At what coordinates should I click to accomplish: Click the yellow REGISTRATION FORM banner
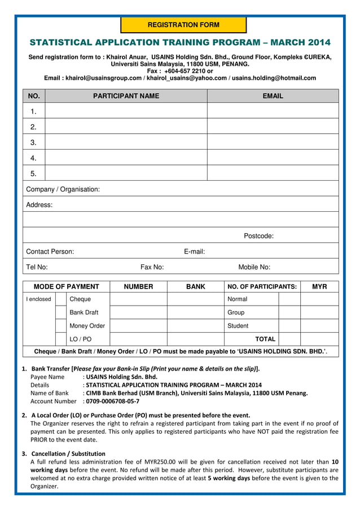pyautogui.click(x=183, y=25)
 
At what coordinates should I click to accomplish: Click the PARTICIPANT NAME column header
pyautogui.click(x=126, y=96)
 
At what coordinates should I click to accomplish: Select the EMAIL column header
pyautogui.click(x=273, y=96)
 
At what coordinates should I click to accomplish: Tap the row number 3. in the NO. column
pyautogui.click(x=34, y=142)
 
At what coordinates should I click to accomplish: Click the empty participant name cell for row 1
pyautogui.click(x=126, y=111)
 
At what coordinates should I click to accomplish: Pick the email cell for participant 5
pyautogui.click(x=273, y=173)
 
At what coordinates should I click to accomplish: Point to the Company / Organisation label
pyautogui.click(x=63, y=189)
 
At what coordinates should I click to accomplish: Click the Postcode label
pyautogui.click(x=258, y=236)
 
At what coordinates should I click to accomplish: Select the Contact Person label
pyautogui.click(x=50, y=251)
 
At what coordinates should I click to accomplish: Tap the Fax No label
pyautogui.click(x=152, y=267)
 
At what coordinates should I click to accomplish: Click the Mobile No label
pyautogui.click(x=254, y=267)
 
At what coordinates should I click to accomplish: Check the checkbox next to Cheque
pyautogui.click(x=61, y=299)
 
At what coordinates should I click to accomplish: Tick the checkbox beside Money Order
pyautogui.click(x=61, y=326)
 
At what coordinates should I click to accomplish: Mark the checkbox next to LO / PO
pyautogui.click(x=61, y=339)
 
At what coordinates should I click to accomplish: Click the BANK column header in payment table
pyautogui.click(x=195, y=287)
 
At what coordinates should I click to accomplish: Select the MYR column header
pyautogui.click(x=319, y=287)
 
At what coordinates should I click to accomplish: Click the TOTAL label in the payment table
pyautogui.click(x=265, y=339)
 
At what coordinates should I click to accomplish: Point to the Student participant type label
pyautogui.click(x=238, y=326)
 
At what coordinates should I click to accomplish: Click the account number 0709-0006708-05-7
pyautogui.click(x=113, y=401)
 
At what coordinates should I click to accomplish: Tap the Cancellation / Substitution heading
pyautogui.click(x=68, y=454)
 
